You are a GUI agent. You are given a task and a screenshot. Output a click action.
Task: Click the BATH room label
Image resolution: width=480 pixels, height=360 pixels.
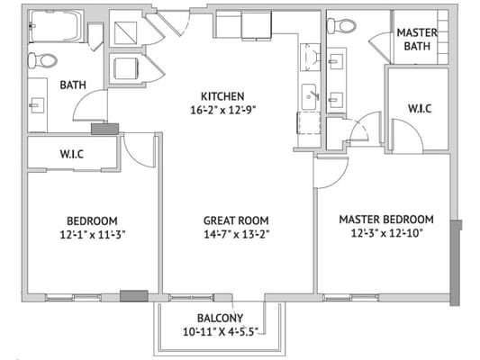click(72, 85)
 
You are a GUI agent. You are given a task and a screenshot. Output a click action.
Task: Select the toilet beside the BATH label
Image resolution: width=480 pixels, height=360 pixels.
click(41, 60)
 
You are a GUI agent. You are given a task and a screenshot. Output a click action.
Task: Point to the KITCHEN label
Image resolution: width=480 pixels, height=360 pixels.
click(222, 96)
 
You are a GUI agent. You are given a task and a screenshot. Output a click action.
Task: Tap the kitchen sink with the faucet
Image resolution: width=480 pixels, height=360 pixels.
click(309, 94)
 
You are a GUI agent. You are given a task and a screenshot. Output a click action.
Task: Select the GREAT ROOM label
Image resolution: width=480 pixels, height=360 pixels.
click(236, 220)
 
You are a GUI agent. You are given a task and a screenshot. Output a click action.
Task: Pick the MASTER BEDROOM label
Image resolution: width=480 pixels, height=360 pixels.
click(385, 220)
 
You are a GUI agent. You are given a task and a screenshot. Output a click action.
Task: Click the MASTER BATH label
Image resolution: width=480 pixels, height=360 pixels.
click(417, 39)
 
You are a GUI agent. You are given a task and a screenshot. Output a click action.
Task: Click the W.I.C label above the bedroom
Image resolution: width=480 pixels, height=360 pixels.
click(72, 153)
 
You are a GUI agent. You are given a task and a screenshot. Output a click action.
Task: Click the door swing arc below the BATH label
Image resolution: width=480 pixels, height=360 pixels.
click(89, 106)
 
